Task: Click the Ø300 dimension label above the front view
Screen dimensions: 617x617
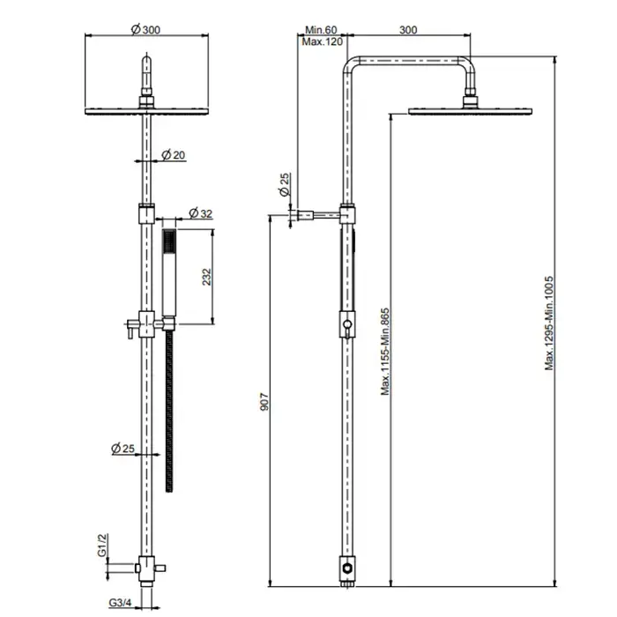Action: pyautogui.click(x=145, y=29)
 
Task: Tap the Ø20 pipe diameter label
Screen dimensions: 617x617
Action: pyautogui.click(x=174, y=155)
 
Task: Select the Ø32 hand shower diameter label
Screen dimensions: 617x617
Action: pyautogui.click(x=201, y=213)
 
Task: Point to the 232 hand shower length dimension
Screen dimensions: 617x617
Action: pyautogui.click(x=206, y=277)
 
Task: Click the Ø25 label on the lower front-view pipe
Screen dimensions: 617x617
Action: pyautogui.click(x=123, y=448)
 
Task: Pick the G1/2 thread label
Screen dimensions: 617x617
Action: pyautogui.click(x=102, y=545)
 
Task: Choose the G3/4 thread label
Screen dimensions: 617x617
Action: pyautogui.click(x=120, y=602)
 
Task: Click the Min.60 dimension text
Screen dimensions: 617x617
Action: pyautogui.click(x=321, y=30)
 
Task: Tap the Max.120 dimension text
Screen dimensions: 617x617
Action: pyautogui.click(x=323, y=41)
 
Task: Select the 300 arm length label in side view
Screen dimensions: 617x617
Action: pyautogui.click(x=408, y=30)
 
